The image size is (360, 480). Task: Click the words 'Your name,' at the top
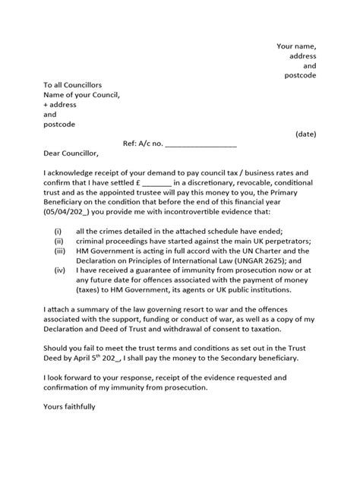click(295, 46)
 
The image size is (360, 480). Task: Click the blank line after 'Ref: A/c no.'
click(201, 144)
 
